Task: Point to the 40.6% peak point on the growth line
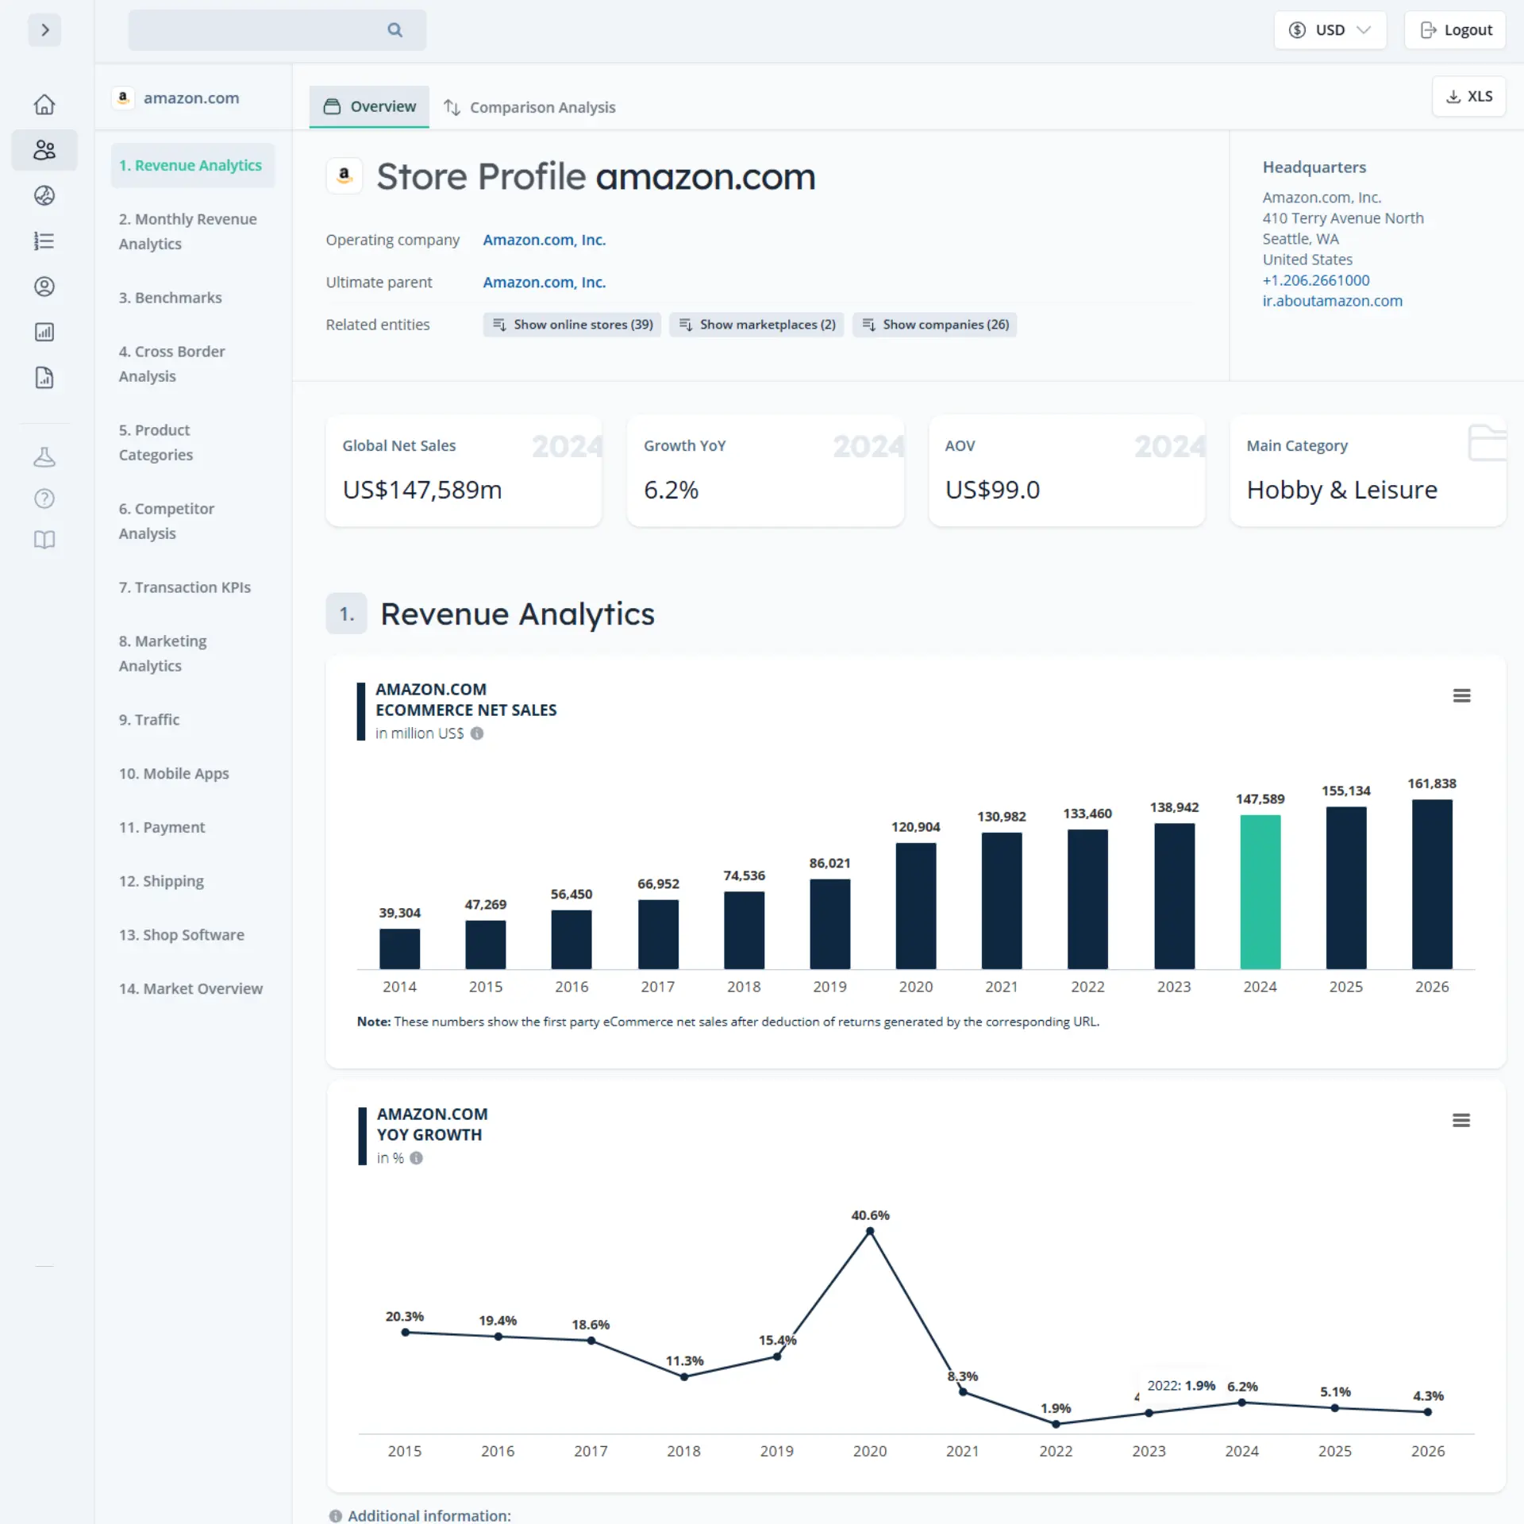[870, 1231]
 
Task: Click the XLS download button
[1468, 96]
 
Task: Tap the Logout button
[1455, 30]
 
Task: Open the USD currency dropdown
[1330, 30]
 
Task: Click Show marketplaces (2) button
[756, 325]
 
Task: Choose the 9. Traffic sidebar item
[149, 720]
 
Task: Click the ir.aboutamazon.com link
[1332, 301]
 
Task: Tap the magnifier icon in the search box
[394, 30]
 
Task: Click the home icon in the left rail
[44, 104]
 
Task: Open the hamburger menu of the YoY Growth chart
[1460, 1120]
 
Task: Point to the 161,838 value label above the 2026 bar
[1431, 783]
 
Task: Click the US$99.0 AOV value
[992, 490]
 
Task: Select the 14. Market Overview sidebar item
[190, 988]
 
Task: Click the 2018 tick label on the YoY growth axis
[683, 1451]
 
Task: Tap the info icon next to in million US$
[477, 733]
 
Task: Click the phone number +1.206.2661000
[1315, 280]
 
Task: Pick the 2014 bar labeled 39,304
[399, 949]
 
